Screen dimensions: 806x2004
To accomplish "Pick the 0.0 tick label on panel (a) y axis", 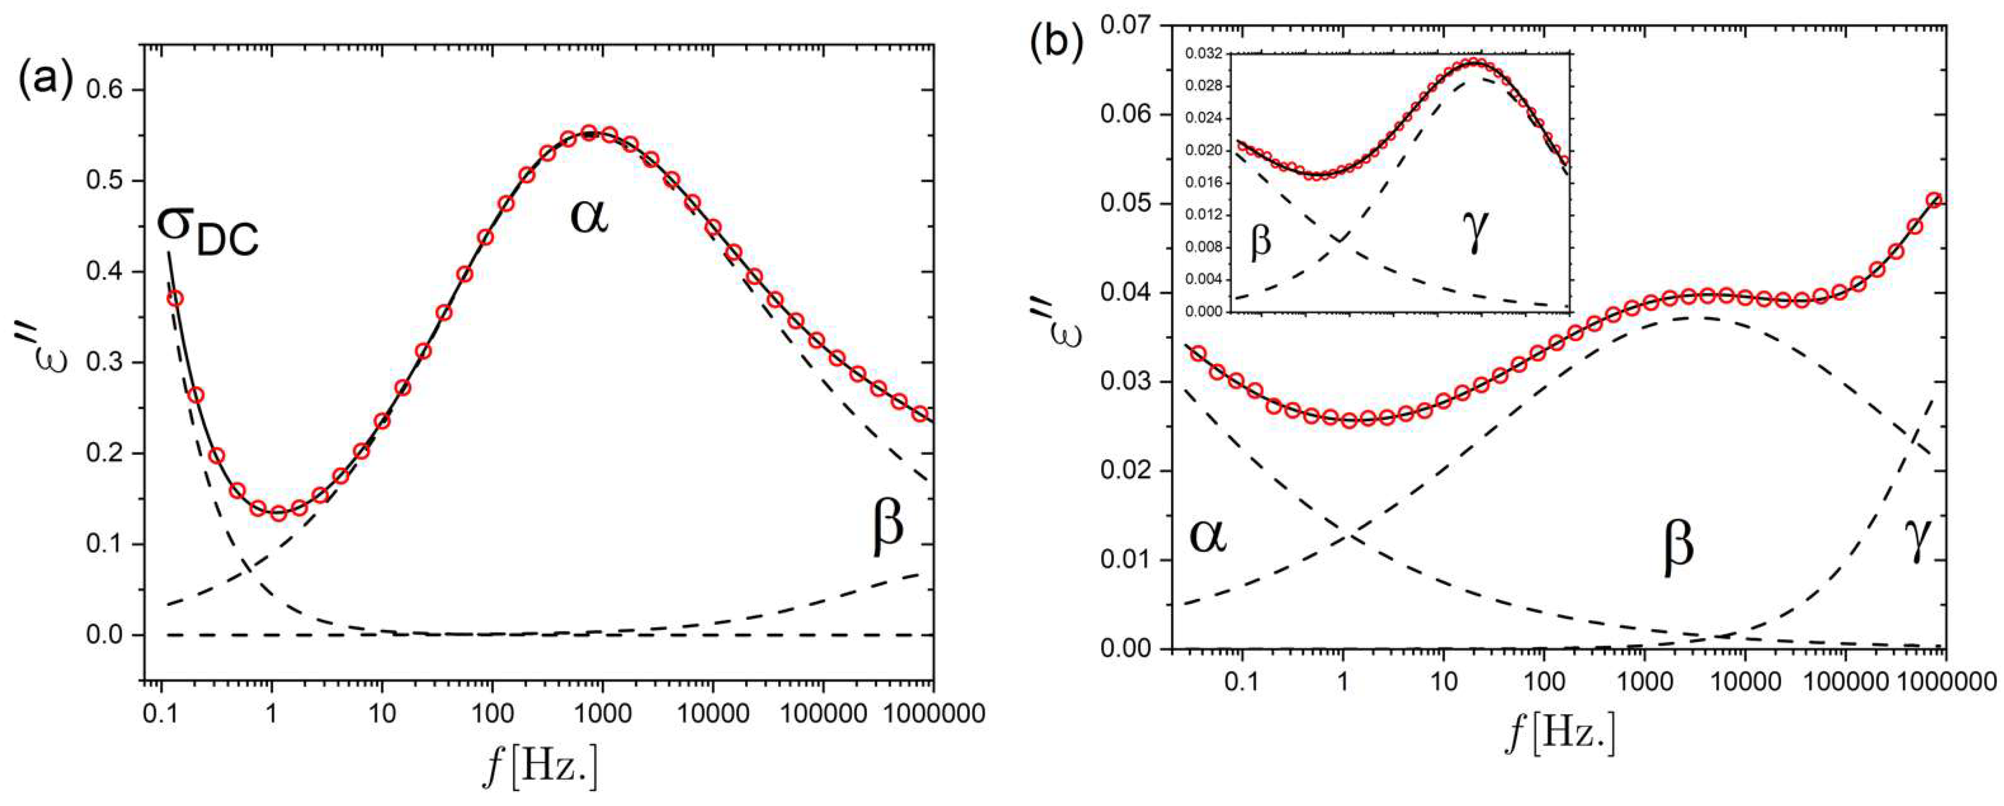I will pos(109,636).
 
